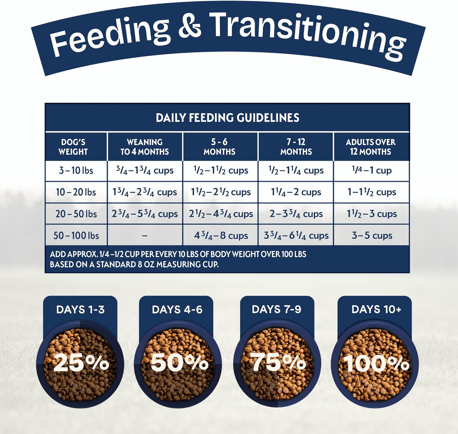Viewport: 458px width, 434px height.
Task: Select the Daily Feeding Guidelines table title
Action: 227,118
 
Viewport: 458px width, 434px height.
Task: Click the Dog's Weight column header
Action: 73,147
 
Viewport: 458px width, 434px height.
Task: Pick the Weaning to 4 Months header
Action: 144,147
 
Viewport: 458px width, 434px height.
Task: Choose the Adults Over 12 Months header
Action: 370,147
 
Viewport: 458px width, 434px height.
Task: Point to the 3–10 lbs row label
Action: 76,170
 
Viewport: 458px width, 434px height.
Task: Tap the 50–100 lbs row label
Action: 76,236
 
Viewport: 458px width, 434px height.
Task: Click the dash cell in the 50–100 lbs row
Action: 145,236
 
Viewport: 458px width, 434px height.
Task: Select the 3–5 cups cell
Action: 372,236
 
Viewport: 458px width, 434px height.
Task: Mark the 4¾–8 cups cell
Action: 221,236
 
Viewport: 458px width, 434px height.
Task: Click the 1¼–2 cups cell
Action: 296,192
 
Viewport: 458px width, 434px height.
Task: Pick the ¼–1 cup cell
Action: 372,170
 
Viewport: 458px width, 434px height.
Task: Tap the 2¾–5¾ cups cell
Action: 144,214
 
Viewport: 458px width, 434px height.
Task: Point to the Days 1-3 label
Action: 80,309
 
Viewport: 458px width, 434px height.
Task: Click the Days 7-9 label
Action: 276,309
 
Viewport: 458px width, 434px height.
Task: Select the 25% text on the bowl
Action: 81,363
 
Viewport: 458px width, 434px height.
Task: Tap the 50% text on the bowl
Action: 179,363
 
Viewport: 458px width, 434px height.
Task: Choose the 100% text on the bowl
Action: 376,363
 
